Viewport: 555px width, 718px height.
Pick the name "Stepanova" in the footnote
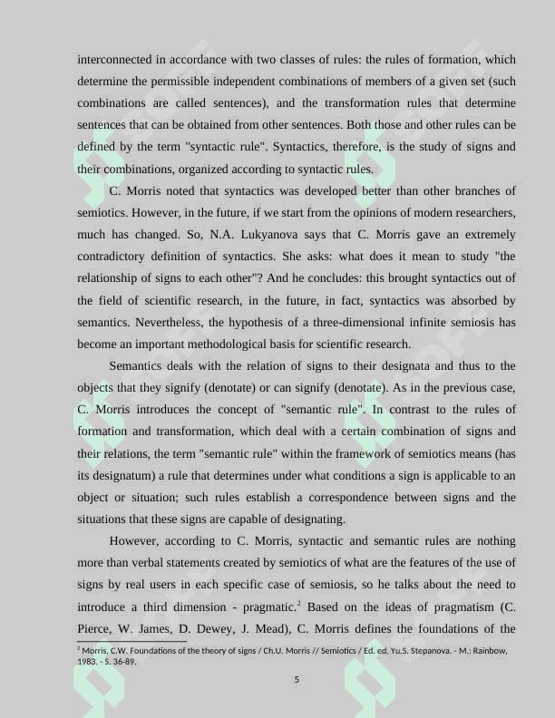tap(423, 651)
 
